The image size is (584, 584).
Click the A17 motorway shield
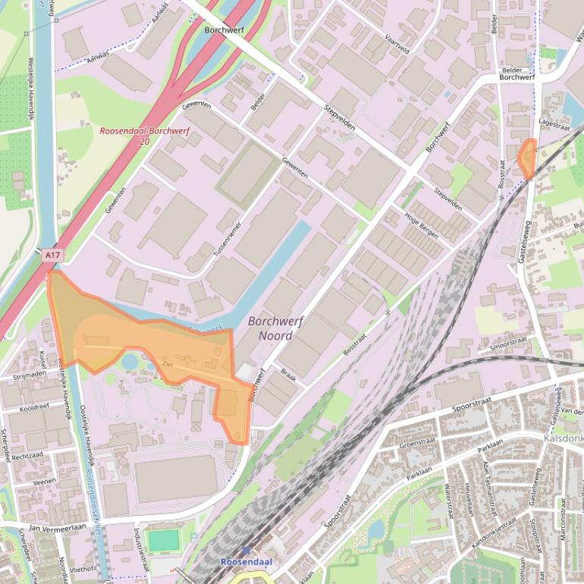click(x=52, y=256)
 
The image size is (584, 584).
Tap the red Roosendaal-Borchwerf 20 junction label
click(x=145, y=136)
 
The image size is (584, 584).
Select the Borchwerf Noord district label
click(x=275, y=328)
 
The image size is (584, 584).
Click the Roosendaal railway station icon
click(x=246, y=551)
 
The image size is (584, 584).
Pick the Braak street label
click(x=287, y=373)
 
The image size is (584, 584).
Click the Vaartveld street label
click(x=397, y=43)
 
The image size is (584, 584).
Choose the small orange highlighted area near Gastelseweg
click(x=526, y=156)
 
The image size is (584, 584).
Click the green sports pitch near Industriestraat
click(x=163, y=540)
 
